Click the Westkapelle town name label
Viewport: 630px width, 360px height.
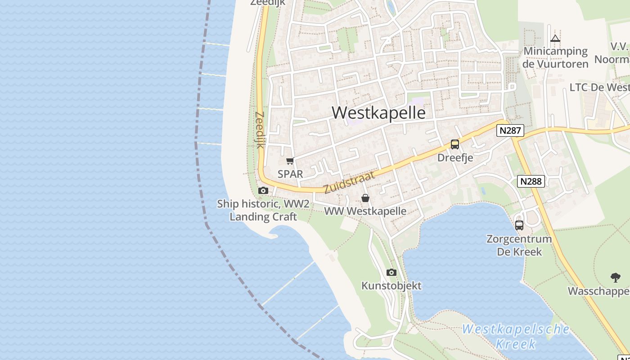(378, 112)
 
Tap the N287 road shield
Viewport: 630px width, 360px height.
(510, 130)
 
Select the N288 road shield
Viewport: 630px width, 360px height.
(531, 181)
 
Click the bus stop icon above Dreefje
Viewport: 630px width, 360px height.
(455, 144)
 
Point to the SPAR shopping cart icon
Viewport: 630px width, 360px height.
(290, 161)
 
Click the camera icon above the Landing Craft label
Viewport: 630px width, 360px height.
(263, 191)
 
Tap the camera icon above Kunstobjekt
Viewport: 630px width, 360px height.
(391, 272)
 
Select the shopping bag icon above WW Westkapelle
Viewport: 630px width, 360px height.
(365, 198)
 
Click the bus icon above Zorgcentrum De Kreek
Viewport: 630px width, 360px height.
(519, 225)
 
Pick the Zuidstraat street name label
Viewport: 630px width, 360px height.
(349, 182)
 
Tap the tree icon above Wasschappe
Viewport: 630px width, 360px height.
(615, 277)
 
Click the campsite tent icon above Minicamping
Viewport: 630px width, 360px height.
(555, 39)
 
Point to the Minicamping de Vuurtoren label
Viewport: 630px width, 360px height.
(555, 58)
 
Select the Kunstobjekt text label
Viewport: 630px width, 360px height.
(391, 286)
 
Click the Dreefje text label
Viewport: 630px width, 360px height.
(455, 158)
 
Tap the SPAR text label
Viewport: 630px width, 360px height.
(290, 174)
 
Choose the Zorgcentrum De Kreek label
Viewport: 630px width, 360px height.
(519, 245)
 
